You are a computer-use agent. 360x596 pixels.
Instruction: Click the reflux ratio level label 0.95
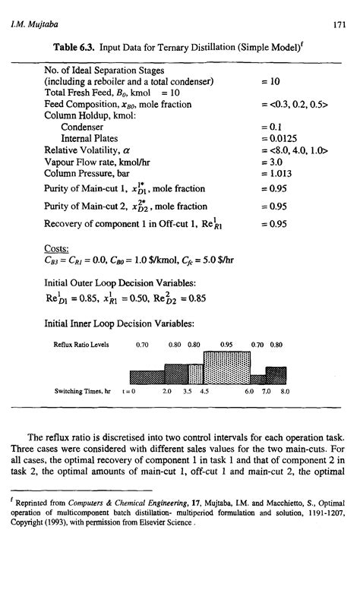click(x=226, y=343)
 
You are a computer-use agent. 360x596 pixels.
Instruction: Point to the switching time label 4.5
click(x=204, y=393)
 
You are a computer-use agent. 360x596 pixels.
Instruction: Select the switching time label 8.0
click(x=286, y=393)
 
